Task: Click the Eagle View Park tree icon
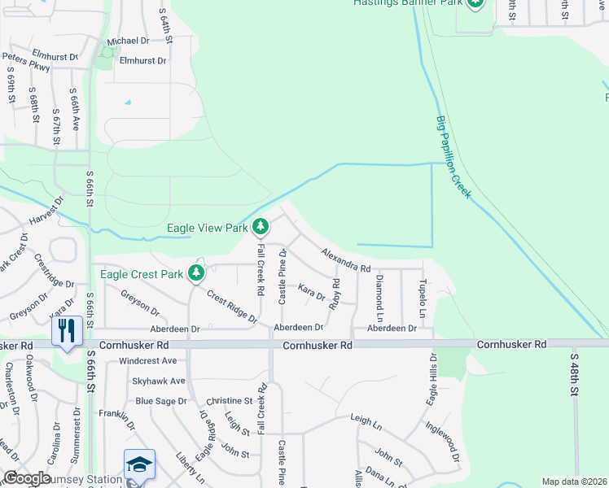tap(261, 226)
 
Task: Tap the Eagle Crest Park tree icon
tap(196, 272)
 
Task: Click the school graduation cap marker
tap(139, 465)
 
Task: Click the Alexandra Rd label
tap(345, 261)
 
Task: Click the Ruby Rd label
tap(334, 294)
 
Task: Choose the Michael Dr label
tap(129, 41)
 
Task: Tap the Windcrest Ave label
tap(147, 360)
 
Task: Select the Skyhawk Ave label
tap(160, 381)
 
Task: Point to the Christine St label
tap(229, 401)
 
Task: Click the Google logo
tap(27, 478)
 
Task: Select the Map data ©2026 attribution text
tap(573, 481)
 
